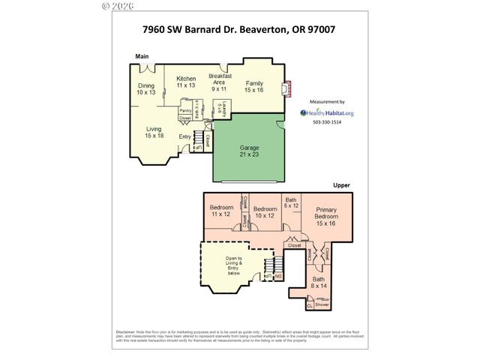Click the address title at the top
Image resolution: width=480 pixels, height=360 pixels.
coord(239,30)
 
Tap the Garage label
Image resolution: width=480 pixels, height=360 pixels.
coord(249,151)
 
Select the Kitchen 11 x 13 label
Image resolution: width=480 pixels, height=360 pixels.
coord(186,82)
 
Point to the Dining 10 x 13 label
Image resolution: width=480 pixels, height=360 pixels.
coord(146,88)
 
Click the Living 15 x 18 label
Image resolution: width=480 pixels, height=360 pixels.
coord(154,132)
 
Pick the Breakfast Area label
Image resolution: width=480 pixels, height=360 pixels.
coord(220,82)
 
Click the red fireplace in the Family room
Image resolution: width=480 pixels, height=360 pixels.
coord(283,90)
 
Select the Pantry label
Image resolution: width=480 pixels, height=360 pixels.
coord(184,109)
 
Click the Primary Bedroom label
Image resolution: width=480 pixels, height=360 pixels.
coord(325,217)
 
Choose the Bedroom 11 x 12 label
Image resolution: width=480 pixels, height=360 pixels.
coord(221,211)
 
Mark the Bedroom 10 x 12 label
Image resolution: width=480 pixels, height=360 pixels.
coord(265,212)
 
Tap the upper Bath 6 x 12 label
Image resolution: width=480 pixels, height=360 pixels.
coord(291,202)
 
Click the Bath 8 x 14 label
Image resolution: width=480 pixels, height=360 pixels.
coord(319,282)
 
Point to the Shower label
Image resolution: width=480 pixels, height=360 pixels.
coord(322,305)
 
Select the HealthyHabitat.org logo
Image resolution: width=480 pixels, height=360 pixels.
coord(327,113)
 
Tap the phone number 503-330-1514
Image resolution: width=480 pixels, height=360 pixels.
coord(326,122)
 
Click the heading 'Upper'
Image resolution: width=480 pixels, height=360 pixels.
coord(341,184)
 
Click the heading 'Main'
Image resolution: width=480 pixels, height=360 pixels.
coord(141,56)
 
